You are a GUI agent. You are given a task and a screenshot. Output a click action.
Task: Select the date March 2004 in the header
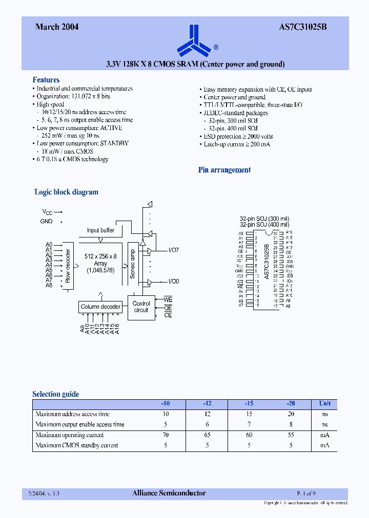[x=57, y=27]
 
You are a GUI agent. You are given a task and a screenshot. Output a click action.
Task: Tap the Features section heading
[x=46, y=80]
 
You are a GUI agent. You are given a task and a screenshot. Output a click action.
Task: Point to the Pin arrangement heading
[x=224, y=170]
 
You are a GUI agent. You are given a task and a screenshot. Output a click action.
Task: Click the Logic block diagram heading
[x=66, y=192]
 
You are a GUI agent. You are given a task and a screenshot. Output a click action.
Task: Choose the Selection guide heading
[x=56, y=394]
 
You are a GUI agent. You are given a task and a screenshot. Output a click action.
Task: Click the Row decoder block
[x=68, y=266]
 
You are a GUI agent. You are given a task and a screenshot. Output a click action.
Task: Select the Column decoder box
[x=100, y=307]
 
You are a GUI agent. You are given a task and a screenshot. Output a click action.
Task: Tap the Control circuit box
[x=141, y=307]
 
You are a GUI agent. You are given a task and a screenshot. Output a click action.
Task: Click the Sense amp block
[x=133, y=264]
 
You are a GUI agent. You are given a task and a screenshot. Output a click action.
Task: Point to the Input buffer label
[x=100, y=230]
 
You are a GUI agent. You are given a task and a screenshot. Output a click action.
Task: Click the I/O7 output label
[x=174, y=250]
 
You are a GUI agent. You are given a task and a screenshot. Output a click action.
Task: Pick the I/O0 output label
[x=174, y=282]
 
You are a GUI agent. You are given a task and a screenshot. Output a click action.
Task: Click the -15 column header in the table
[x=249, y=403]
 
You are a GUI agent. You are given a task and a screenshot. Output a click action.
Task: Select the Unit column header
[x=325, y=403]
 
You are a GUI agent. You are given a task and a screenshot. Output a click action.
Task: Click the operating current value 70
[x=166, y=435]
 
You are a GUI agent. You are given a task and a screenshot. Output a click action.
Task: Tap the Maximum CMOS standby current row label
[x=76, y=445]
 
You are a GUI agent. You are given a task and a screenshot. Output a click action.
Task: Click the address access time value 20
[x=291, y=414]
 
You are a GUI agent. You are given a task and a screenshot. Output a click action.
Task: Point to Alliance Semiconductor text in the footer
[x=169, y=493]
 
